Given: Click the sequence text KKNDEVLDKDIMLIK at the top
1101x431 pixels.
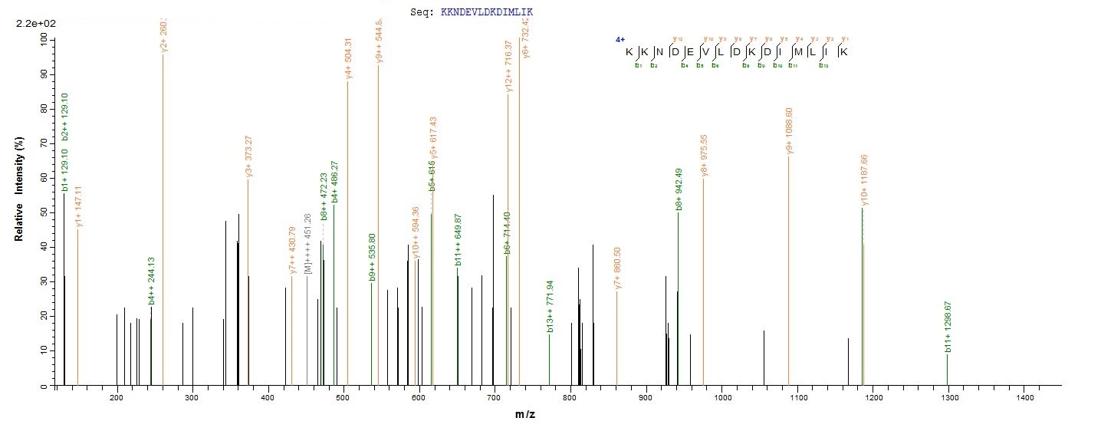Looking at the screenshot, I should pos(487,12).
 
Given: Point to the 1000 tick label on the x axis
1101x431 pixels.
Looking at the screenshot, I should pos(721,397).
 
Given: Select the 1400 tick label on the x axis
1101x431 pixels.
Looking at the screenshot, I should pos(1023,397).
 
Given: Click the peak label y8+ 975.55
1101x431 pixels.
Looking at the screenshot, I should pos(704,154).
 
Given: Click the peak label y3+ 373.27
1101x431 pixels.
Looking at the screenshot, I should pos(248,156).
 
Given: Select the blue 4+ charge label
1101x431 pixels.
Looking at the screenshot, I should pos(620,39).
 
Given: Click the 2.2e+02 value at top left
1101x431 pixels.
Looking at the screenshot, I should pos(31,25).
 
